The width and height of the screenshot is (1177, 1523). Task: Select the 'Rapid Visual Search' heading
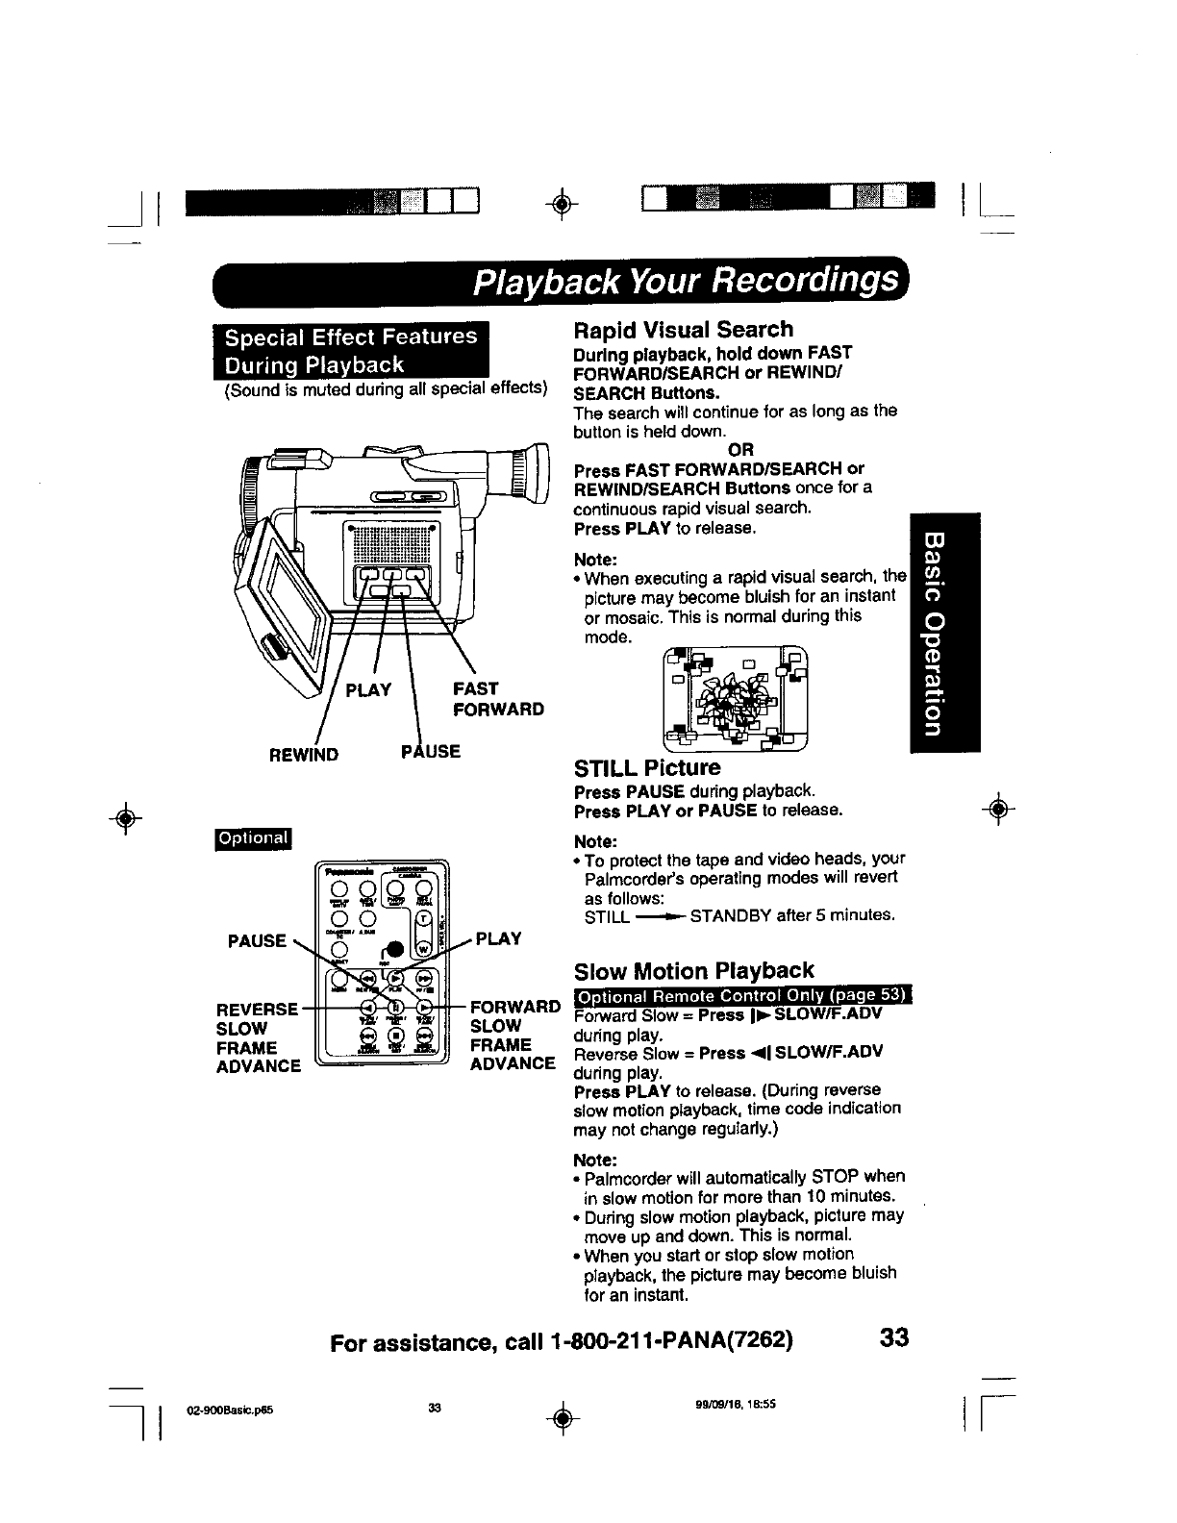pos(683,330)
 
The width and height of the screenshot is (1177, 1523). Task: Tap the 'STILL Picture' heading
pos(646,768)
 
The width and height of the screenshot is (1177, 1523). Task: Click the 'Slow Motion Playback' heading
pos(692,970)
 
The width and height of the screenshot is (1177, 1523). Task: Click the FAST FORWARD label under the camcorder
pos(498,699)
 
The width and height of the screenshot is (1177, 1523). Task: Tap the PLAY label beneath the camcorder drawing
pos(368,689)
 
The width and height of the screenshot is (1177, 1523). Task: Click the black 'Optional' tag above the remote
pos(254,838)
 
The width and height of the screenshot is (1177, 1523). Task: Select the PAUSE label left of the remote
pos(257,940)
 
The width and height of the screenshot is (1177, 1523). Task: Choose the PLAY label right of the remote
pos(498,938)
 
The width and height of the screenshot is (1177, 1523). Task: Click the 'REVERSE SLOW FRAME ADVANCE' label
pos(259,1037)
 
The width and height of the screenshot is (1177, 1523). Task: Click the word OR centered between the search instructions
pos(741,449)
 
